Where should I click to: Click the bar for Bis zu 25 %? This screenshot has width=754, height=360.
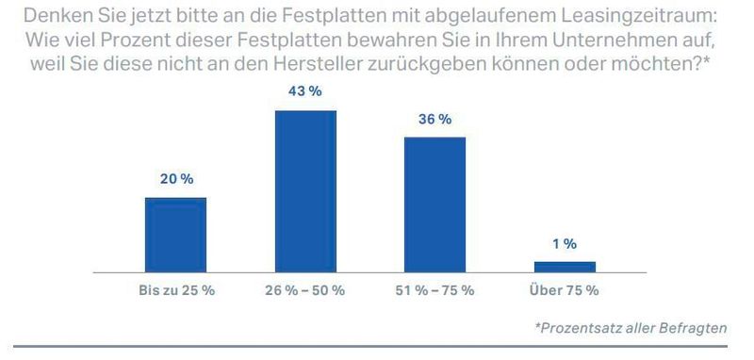[175, 234]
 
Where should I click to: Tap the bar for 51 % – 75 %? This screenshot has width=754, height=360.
[434, 204]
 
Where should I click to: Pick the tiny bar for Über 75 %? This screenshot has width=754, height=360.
[565, 266]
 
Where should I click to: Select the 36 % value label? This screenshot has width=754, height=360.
[434, 120]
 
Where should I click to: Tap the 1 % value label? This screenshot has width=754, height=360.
[565, 244]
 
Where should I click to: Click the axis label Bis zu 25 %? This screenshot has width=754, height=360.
[175, 290]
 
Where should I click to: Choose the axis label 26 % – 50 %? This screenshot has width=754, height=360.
[305, 290]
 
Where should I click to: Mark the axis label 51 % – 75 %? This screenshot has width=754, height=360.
[434, 290]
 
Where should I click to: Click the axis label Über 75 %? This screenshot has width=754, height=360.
[565, 290]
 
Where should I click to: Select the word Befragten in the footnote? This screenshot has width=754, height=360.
[694, 328]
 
